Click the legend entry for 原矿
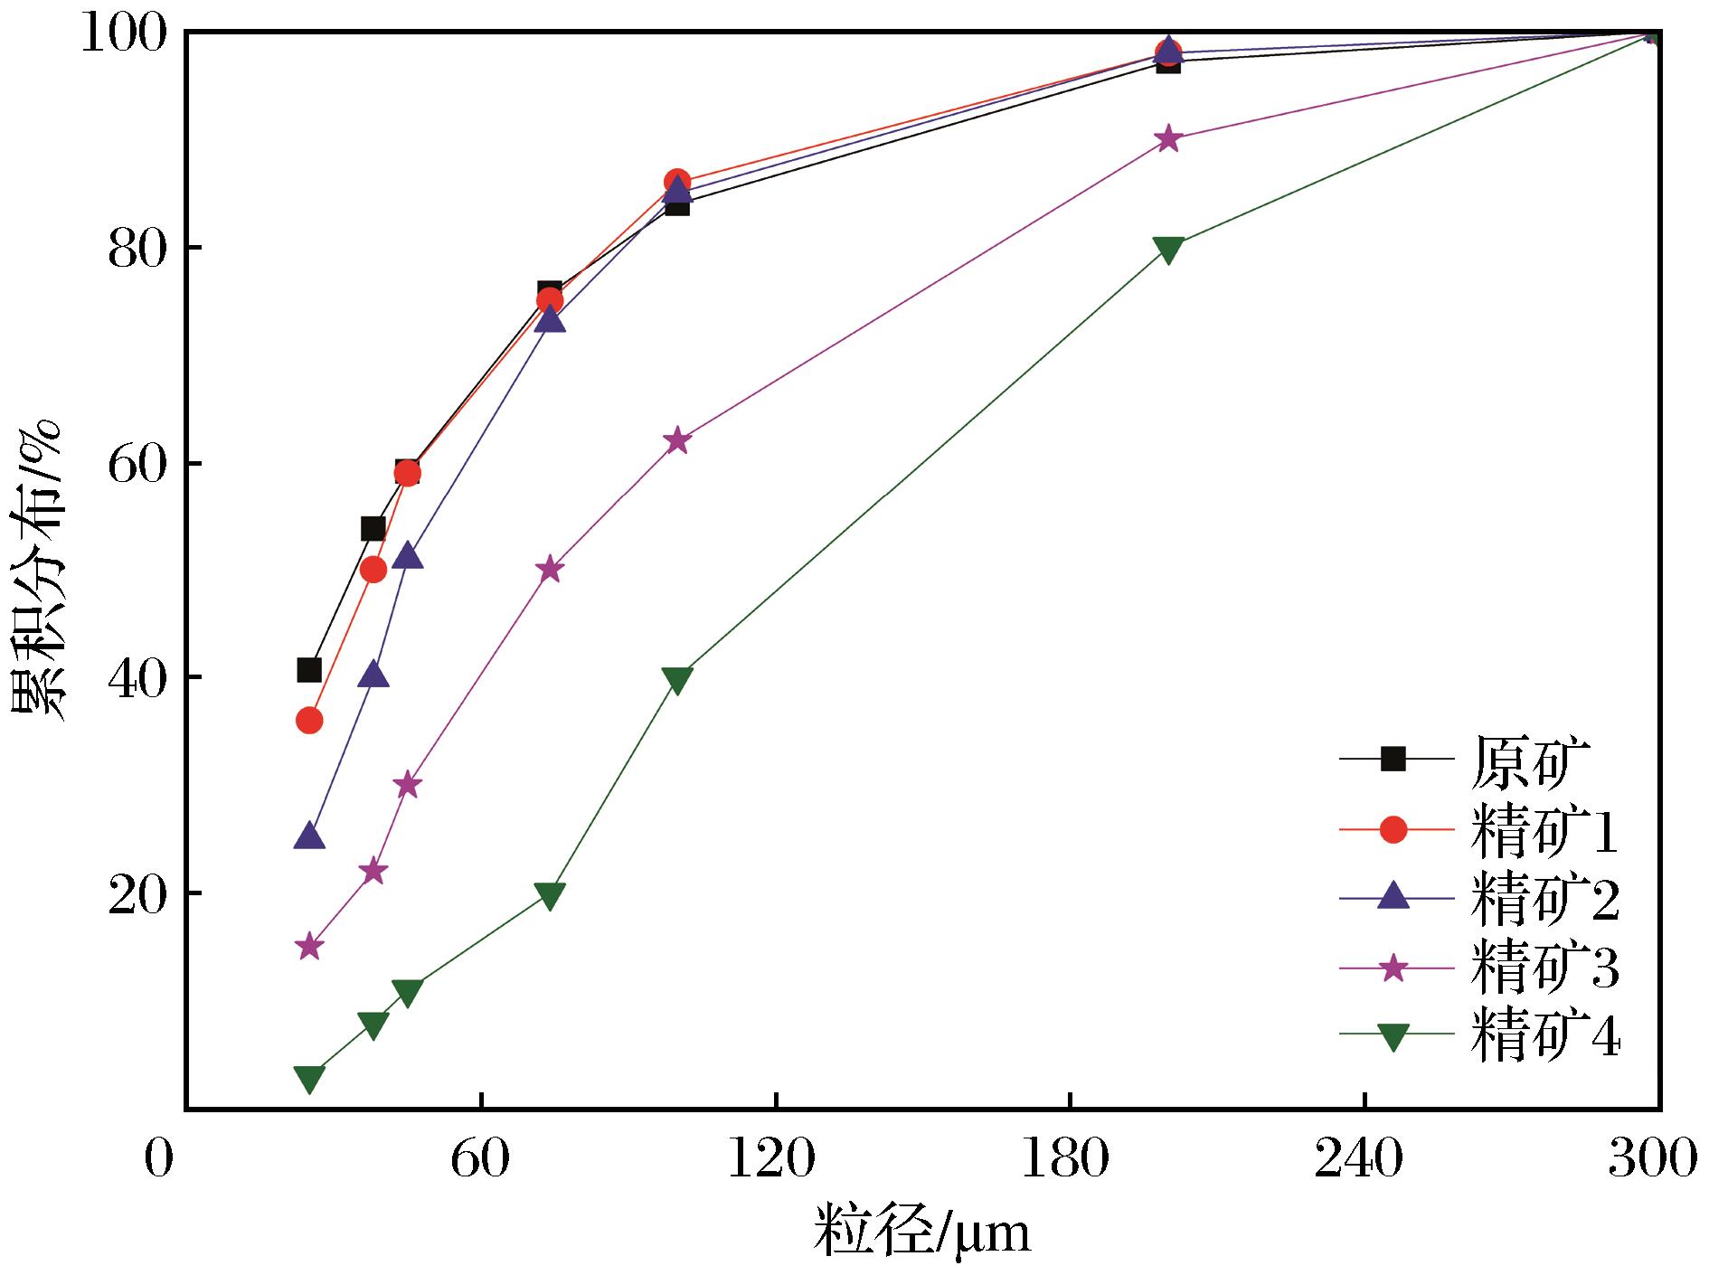point(1525,760)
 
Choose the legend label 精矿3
point(1544,968)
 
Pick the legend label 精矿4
point(1544,1037)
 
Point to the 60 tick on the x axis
point(481,1158)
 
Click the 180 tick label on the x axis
point(1069,1158)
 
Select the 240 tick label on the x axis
point(1364,1158)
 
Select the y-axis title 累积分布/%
point(38,570)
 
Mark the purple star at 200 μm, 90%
point(1167,139)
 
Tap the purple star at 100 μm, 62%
point(677,441)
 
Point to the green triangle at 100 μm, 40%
point(677,679)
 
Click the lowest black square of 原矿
point(309,670)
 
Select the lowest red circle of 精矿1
point(309,721)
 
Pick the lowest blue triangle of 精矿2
point(309,836)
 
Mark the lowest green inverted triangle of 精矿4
point(309,1078)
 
